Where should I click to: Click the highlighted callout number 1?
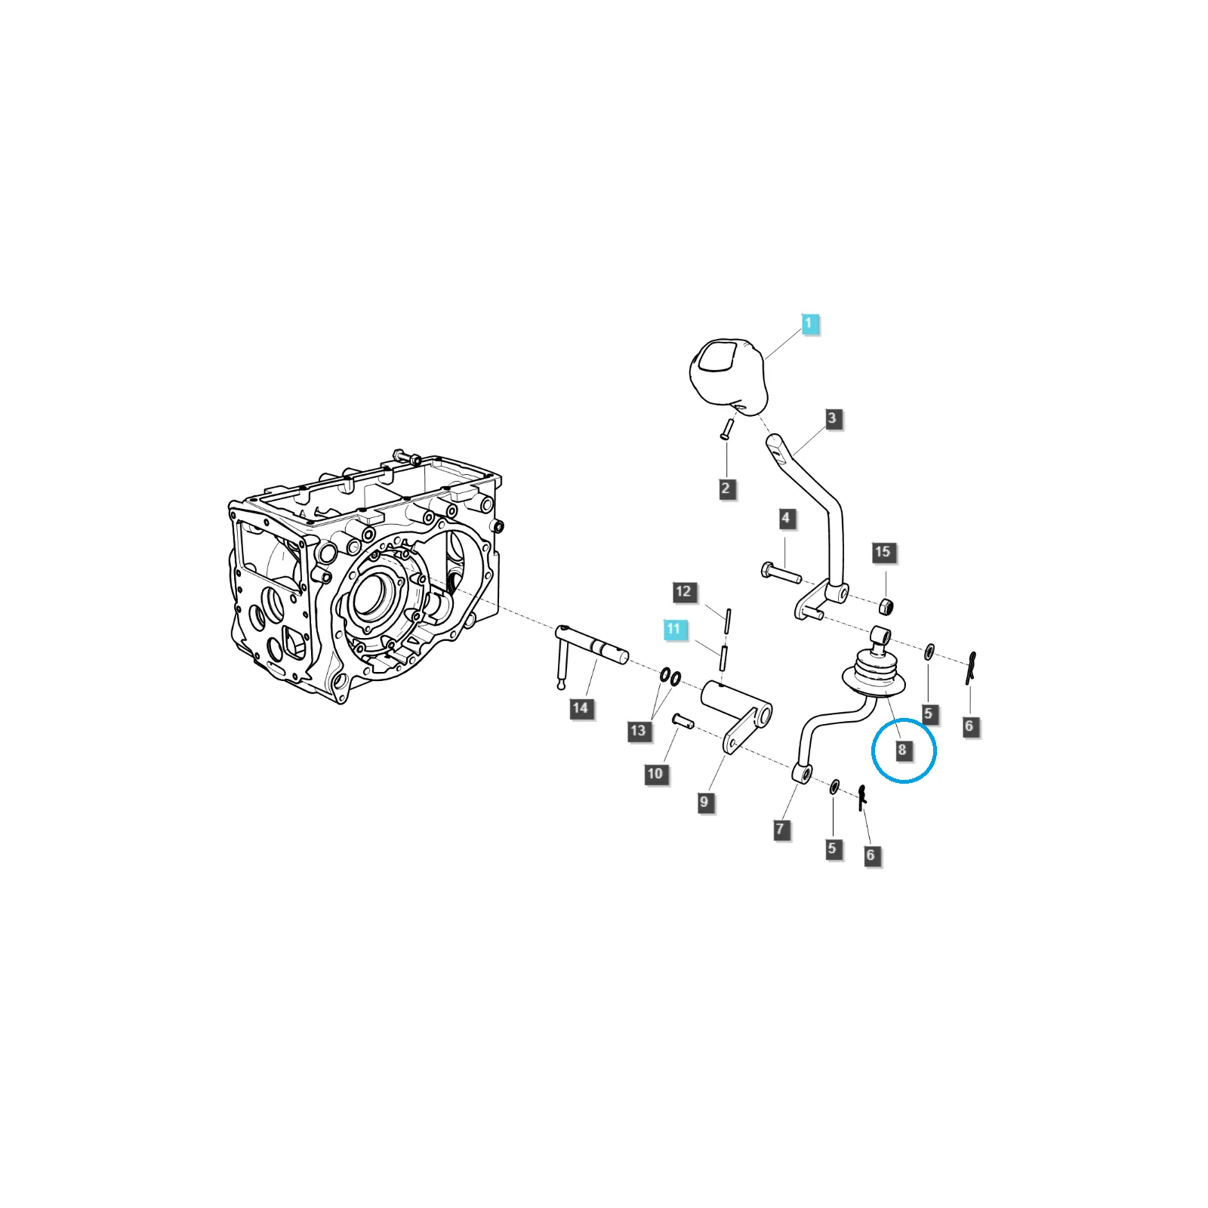[x=809, y=324]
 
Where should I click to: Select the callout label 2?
[x=726, y=488]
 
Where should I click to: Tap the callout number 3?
[x=832, y=418]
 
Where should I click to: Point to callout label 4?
[x=787, y=519]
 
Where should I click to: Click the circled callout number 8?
[x=902, y=750]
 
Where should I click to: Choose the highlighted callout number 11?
[x=674, y=629]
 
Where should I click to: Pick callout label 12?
[x=684, y=592]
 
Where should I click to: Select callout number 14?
[x=581, y=708]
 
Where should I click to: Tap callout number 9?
[x=705, y=802]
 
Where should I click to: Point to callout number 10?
[x=655, y=774]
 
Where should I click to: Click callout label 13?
[x=639, y=731]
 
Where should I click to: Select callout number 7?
[x=781, y=829]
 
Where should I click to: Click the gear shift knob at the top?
[x=729, y=377]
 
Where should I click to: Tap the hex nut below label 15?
[x=887, y=606]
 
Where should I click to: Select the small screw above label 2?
[x=727, y=429]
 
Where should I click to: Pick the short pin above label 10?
[x=683, y=721]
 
